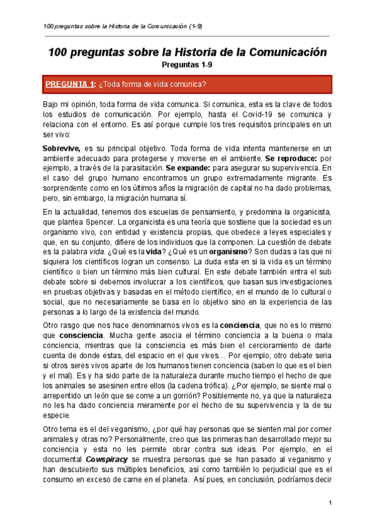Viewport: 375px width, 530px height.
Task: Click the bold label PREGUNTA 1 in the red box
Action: pos(69,85)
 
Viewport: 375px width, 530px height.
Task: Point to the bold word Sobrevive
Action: pos(61,148)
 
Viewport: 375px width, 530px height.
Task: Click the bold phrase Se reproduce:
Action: pos(290,159)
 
